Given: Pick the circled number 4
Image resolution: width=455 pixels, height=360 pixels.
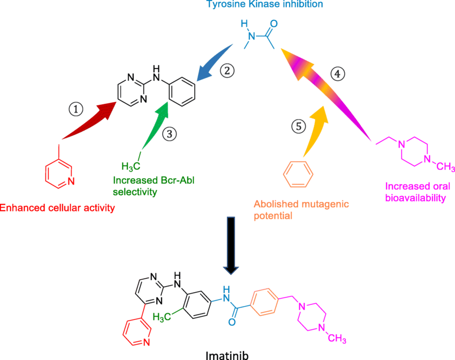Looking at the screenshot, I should [336, 75].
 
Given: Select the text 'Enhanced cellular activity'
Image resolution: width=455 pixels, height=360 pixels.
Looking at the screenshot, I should [57, 207].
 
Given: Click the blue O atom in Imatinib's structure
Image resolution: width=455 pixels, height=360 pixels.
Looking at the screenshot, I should [232, 322].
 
